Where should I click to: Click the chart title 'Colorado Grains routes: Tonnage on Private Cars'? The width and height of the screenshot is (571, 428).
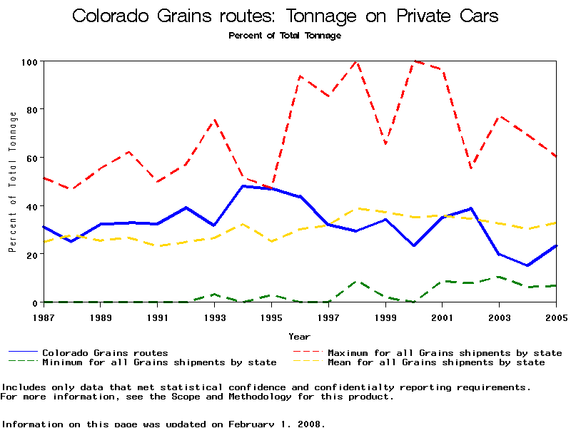(x=285, y=16)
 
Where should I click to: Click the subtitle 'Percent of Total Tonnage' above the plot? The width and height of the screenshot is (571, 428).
(x=285, y=35)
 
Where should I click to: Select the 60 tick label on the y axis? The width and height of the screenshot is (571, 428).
(x=31, y=158)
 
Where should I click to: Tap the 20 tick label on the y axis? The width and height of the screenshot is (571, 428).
(x=31, y=255)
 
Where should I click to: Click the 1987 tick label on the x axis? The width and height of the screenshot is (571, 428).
(x=44, y=316)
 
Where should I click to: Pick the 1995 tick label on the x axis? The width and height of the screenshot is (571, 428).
(x=271, y=316)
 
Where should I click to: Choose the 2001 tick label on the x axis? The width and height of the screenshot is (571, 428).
(x=443, y=316)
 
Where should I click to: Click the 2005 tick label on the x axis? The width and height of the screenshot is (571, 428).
(x=555, y=316)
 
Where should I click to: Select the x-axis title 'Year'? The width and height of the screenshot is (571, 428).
(x=299, y=336)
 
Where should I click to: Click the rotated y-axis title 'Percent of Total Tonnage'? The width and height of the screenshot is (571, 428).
(x=12, y=182)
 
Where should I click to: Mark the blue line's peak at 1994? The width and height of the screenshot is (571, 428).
(x=243, y=186)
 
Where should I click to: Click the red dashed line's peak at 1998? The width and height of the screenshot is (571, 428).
(x=356, y=62)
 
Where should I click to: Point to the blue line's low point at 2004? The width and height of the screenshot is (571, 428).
(x=527, y=265)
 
